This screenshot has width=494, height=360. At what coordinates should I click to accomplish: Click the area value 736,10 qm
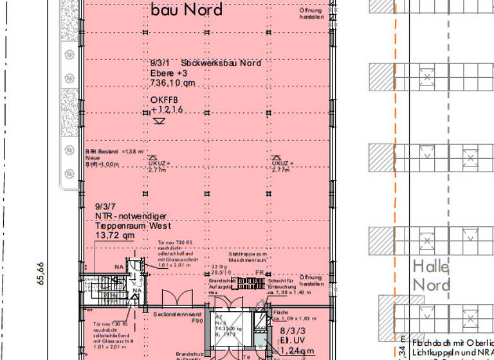click(172, 83)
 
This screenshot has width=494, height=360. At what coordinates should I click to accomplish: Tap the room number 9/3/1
click(160, 63)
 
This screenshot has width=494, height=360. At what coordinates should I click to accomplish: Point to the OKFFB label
click(164, 100)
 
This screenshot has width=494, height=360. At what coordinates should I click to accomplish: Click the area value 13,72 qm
click(115, 236)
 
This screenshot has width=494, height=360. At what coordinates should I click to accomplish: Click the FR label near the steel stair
click(259, 273)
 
